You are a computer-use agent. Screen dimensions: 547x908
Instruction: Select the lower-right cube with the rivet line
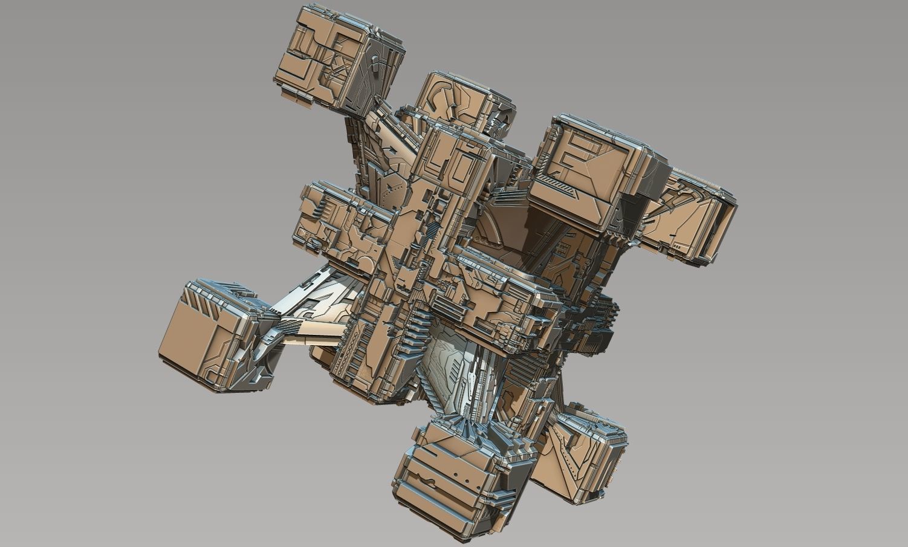click(580, 453)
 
